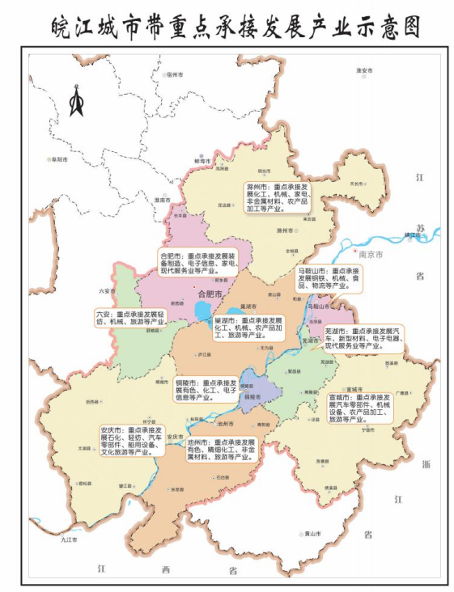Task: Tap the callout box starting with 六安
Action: point(130,317)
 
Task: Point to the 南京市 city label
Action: point(370,253)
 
